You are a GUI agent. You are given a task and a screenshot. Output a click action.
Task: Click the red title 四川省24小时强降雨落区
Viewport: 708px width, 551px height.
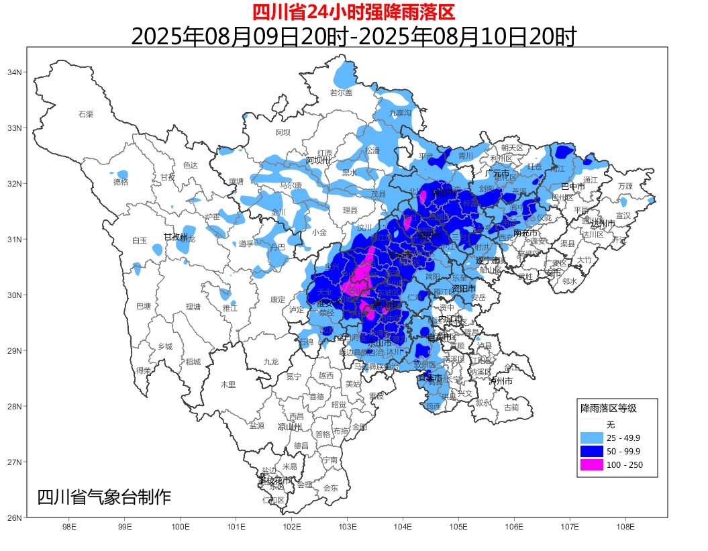coord(353,12)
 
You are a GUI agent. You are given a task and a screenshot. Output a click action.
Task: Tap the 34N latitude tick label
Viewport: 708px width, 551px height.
coord(15,72)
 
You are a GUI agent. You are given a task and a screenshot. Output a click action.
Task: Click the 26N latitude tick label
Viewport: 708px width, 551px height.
coord(15,517)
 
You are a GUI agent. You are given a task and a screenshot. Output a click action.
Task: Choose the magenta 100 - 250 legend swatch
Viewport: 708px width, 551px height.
coord(591,465)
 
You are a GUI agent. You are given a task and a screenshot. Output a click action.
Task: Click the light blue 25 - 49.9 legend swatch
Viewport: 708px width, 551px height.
coord(591,438)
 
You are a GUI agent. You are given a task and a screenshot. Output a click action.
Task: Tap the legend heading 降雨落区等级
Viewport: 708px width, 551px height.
coord(608,407)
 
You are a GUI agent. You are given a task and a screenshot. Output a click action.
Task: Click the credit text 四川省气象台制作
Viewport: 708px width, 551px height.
coord(104,497)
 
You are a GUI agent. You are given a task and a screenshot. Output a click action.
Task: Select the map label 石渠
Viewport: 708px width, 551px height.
coord(86,114)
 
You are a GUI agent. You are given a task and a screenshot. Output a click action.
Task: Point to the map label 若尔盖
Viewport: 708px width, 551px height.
coord(341,93)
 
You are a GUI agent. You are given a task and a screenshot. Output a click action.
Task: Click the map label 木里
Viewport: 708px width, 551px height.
coord(228,385)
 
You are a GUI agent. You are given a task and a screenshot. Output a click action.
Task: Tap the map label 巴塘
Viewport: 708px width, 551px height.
coord(144,306)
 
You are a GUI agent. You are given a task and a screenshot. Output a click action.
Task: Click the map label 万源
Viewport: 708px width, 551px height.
coord(625,186)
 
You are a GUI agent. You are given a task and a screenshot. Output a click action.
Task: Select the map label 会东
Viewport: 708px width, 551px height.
coord(331,488)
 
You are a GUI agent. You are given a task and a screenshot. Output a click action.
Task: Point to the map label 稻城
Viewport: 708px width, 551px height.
coord(193,362)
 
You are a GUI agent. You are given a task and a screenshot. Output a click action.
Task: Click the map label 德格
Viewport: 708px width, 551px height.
coord(121,181)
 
